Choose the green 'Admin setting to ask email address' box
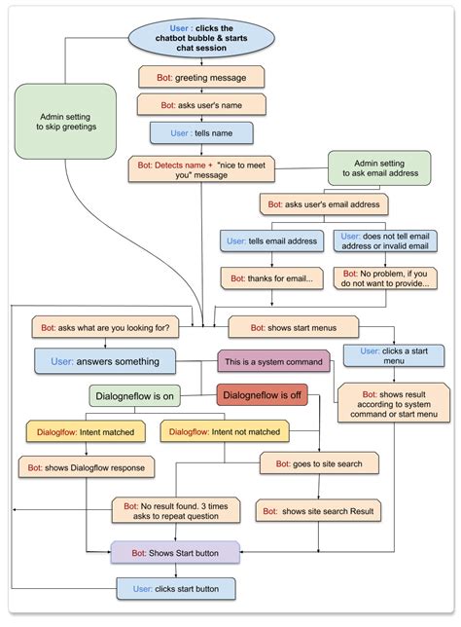point(379,167)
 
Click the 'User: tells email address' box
point(270,241)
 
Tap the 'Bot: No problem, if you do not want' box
point(385,277)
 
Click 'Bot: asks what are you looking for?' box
point(107,327)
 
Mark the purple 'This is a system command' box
point(273,362)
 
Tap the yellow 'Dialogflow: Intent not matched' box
point(224,431)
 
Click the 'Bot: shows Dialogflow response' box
point(87,467)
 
